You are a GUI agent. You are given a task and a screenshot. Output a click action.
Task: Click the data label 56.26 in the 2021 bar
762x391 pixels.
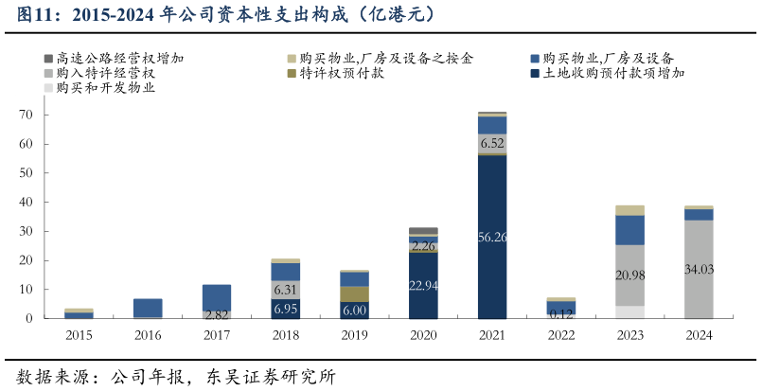[x=492, y=238]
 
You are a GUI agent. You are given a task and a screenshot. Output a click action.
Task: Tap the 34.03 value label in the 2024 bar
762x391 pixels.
[x=699, y=270]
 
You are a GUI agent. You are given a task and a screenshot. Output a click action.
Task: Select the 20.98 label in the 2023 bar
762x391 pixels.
[x=629, y=275]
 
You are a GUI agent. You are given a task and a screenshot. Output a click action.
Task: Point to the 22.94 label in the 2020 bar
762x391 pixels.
[x=423, y=285]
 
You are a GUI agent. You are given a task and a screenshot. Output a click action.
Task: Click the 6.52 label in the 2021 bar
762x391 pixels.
[x=492, y=144]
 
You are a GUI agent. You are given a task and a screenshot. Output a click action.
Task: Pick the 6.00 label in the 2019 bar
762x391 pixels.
[x=354, y=310]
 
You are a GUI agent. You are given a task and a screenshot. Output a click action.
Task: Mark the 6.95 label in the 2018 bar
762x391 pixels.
[x=286, y=309]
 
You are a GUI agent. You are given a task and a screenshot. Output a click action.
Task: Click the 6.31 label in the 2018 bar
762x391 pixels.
[x=286, y=290]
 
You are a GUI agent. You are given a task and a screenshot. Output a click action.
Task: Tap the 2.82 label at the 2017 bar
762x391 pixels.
[x=217, y=314]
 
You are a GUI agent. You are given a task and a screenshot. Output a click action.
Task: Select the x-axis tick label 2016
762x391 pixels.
[x=148, y=335]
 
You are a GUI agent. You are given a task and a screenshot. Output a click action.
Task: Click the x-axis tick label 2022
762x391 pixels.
[x=560, y=335]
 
